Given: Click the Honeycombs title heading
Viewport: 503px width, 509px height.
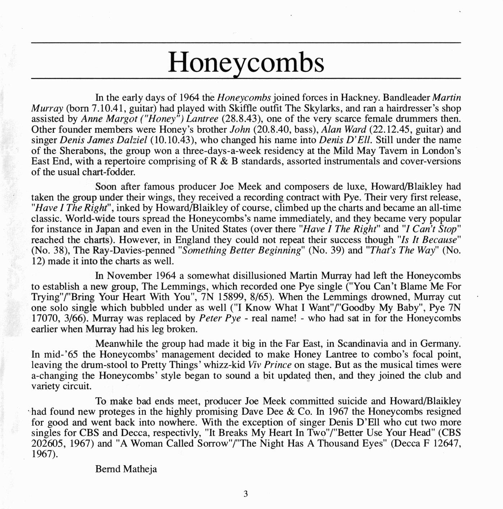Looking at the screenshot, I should [x=246, y=62].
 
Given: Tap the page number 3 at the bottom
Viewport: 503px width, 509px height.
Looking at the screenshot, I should [x=246, y=494].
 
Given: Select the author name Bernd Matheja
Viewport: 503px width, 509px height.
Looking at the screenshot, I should [x=126, y=469].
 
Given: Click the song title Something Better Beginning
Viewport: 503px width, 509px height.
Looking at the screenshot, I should [x=241, y=251].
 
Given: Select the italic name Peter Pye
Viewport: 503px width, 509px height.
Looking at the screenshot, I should [x=220, y=318].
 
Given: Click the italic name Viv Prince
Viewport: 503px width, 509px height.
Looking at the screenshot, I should [x=269, y=365].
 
